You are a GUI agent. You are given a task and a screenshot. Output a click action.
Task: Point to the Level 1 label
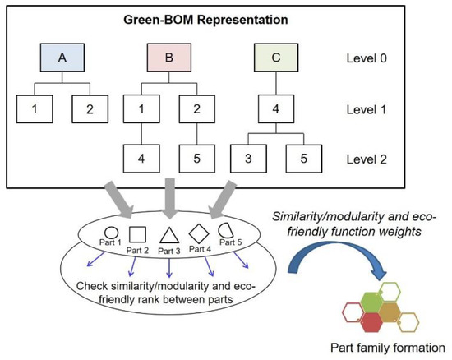[x=367, y=108]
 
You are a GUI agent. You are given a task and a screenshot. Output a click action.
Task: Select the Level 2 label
[x=367, y=158]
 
